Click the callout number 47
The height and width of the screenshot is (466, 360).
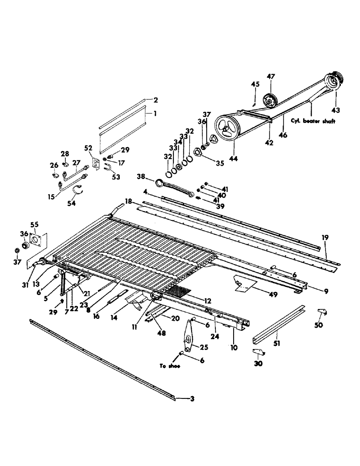click(x=271, y=76)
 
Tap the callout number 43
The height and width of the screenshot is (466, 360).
click(x=336, y=110)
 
